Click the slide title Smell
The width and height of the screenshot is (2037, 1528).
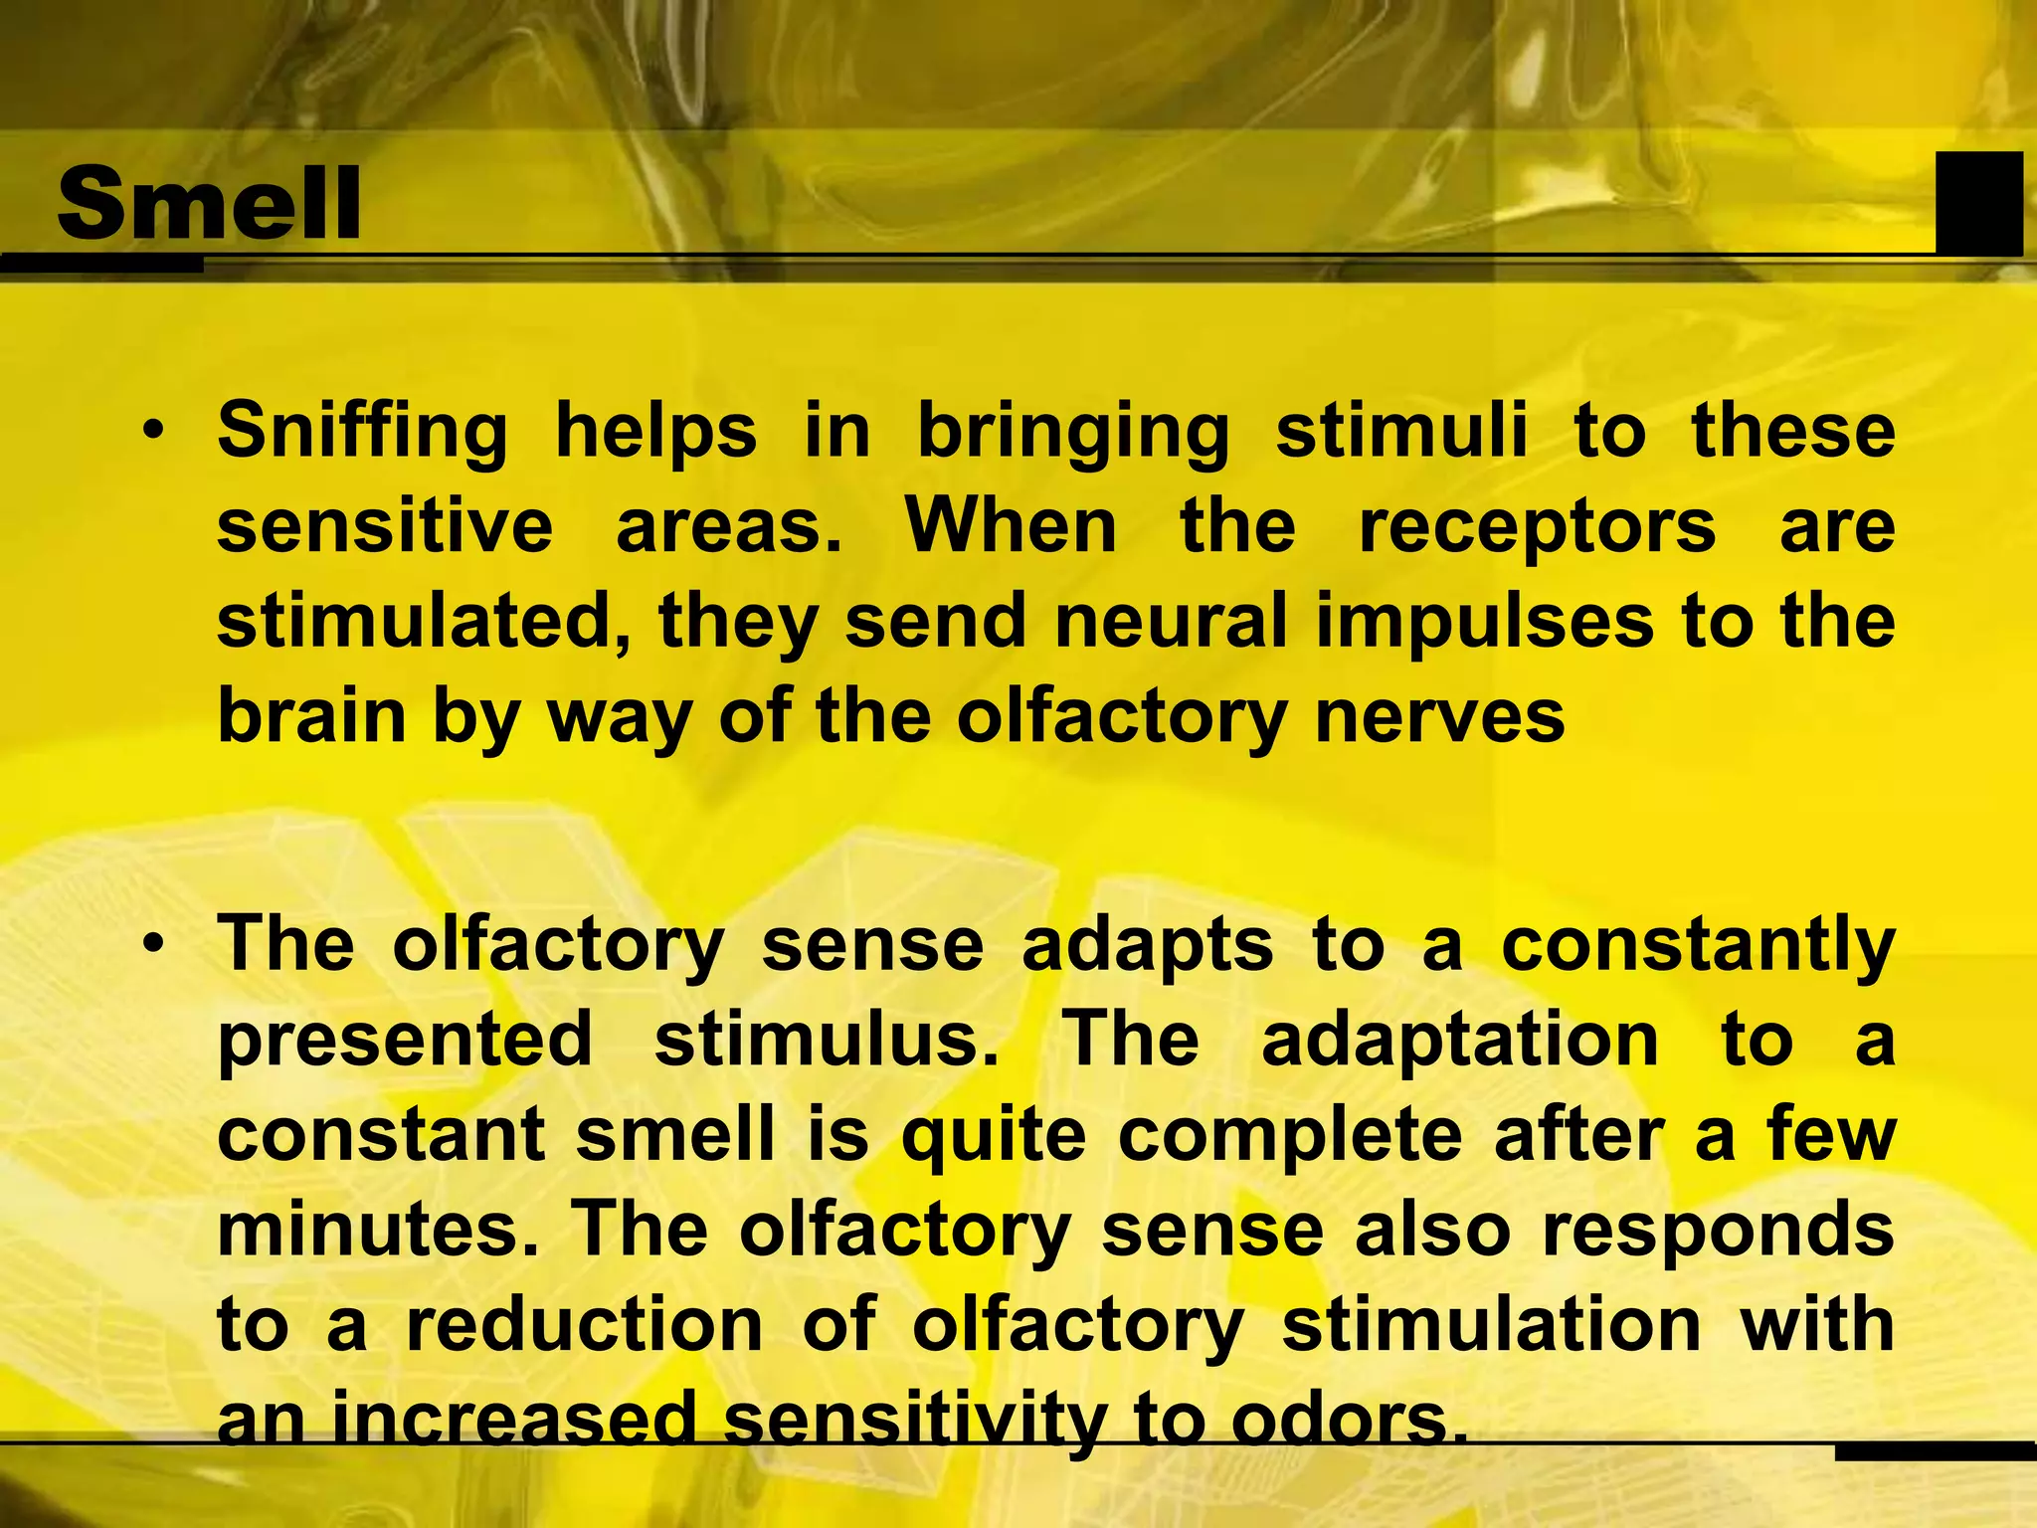[209, 204]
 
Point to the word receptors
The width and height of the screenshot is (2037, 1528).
[1538, 528]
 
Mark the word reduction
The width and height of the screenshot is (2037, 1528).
[584, 1326]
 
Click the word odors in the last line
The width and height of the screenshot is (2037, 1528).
[1348, 1421]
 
